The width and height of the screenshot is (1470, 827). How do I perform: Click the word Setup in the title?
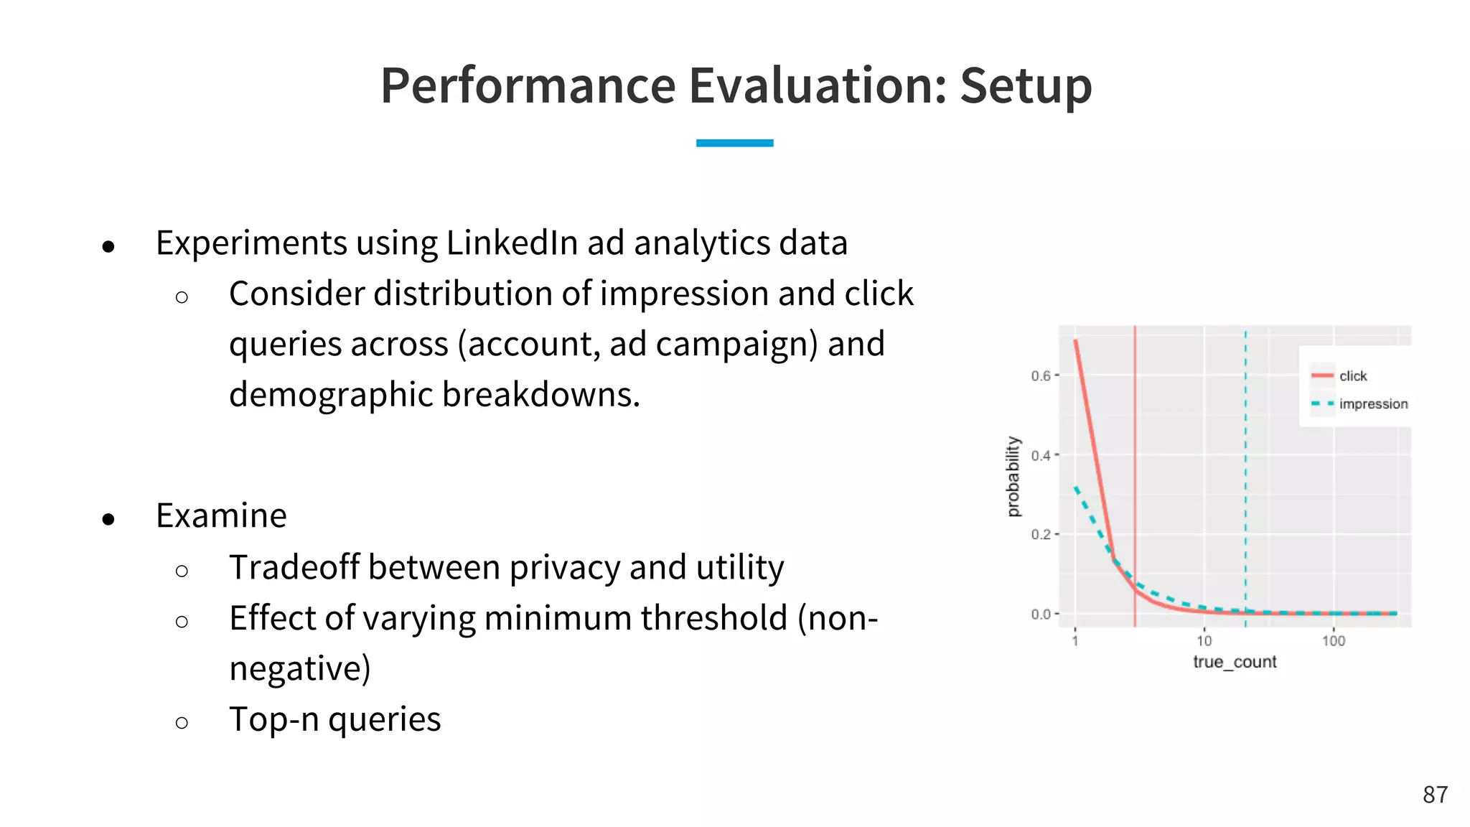coord(1026,86)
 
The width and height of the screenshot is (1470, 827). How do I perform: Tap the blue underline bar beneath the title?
coord(734,143)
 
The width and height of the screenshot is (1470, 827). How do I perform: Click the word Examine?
coord(221,515)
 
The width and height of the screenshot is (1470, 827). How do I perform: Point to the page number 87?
coord(1435,795)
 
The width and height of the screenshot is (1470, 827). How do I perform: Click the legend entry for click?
coord(1352,376)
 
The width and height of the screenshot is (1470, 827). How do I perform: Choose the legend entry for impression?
coord(1372,404)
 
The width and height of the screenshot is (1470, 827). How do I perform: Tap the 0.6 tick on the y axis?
coord(1041,375)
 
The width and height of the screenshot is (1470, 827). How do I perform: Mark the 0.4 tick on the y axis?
coord(1041,455)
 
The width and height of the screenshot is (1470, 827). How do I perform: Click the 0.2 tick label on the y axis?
coord(1041,535)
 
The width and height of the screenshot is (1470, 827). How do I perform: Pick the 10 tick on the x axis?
coord(1204,640)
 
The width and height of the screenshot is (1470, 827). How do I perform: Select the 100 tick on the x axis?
coord(1333,640)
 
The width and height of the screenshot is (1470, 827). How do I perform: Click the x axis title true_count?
coord(1235,662)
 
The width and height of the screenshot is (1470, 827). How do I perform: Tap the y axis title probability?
coord(1013,476)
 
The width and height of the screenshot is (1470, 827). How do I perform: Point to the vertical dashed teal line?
coord(1245,467)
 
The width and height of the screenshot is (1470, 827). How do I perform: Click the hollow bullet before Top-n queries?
coord(182,722)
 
